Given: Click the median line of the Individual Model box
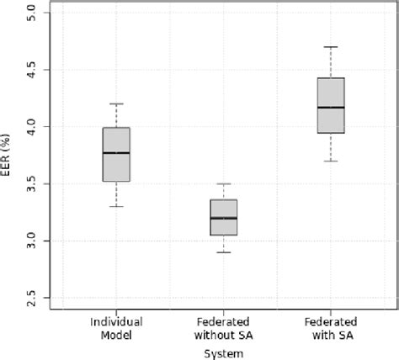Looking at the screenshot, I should [116, 153].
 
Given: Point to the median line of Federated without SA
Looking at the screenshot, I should [223, 218].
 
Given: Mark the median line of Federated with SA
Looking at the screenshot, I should [331, 108].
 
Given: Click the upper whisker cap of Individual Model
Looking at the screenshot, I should [116, 103].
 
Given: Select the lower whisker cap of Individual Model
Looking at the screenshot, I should [116, 206].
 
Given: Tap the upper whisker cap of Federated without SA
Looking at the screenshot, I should [223, 183].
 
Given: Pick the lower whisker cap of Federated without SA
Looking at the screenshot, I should [223, 251].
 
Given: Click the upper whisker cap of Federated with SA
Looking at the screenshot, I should [331, 47].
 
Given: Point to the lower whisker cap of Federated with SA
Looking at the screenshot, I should [331, 161].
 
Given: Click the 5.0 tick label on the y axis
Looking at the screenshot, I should [32, 13].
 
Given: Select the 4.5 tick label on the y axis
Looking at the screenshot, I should [32, 70].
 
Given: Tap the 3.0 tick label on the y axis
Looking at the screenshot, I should [32, 241].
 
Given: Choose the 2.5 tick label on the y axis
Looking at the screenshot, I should [32, 298].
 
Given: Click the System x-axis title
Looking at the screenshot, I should [223, 353].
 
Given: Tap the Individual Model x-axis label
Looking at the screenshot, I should [116, 328].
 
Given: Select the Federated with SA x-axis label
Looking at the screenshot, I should [331, 328].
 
